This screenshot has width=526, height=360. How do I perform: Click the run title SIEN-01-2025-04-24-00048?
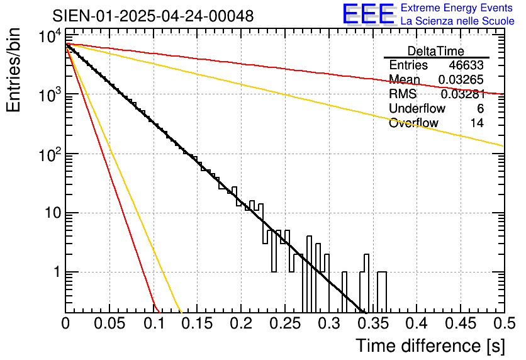coord(153,16)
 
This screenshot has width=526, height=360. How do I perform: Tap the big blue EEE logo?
coord(368,14)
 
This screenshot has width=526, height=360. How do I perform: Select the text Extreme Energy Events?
coord(457,8)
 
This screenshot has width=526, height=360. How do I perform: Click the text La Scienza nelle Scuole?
coord(457,21)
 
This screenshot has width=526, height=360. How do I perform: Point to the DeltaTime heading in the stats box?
coord(436,51)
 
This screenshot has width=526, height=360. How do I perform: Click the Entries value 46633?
coord(466,65)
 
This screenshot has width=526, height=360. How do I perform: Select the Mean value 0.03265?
coord(461,80)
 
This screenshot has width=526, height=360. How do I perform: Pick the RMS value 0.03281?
coord(462,94)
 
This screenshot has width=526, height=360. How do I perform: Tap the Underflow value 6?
coord(480,109)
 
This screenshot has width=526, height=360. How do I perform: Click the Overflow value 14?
coord(477,123)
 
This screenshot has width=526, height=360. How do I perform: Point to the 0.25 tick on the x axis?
coord(285,323)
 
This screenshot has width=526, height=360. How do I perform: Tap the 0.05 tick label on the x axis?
coord(109,323)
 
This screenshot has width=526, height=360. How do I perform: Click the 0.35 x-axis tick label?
coord(373,323)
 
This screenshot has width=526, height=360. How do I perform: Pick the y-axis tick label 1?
coord(57,273)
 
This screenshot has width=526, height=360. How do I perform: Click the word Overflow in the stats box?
coord(413,123)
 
